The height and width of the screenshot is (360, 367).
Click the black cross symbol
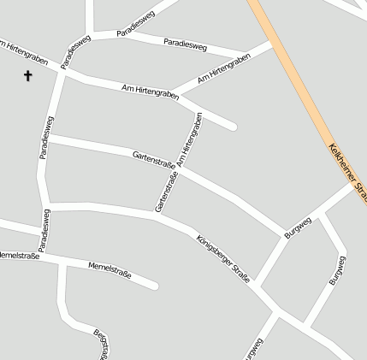click(x=27, y=76)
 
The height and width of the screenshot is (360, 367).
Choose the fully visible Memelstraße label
click(x=110, y=271)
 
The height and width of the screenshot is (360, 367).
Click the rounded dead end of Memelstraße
click(x=153, y=284)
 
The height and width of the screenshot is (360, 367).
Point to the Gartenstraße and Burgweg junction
click(x=285, y=234)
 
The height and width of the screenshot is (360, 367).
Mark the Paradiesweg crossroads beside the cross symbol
click(x=63, y=71)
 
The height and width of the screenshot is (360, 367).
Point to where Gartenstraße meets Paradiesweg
click(x=49, y=137)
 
